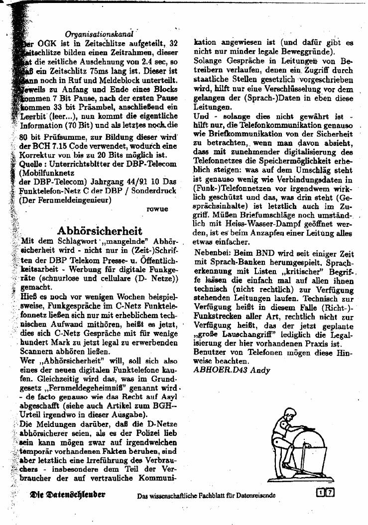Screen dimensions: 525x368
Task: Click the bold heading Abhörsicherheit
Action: (x=100, y=231)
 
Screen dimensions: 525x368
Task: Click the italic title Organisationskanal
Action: (x=99, y=34)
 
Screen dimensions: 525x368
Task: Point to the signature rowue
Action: (x=157, y=209)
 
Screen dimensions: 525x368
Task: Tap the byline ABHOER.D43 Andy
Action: (x=225, y=370)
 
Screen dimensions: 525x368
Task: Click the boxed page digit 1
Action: (x=321, y=493)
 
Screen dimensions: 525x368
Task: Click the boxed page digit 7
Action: (x=330, y=493)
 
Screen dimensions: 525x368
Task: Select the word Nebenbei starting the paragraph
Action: (x=213, y=253)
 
